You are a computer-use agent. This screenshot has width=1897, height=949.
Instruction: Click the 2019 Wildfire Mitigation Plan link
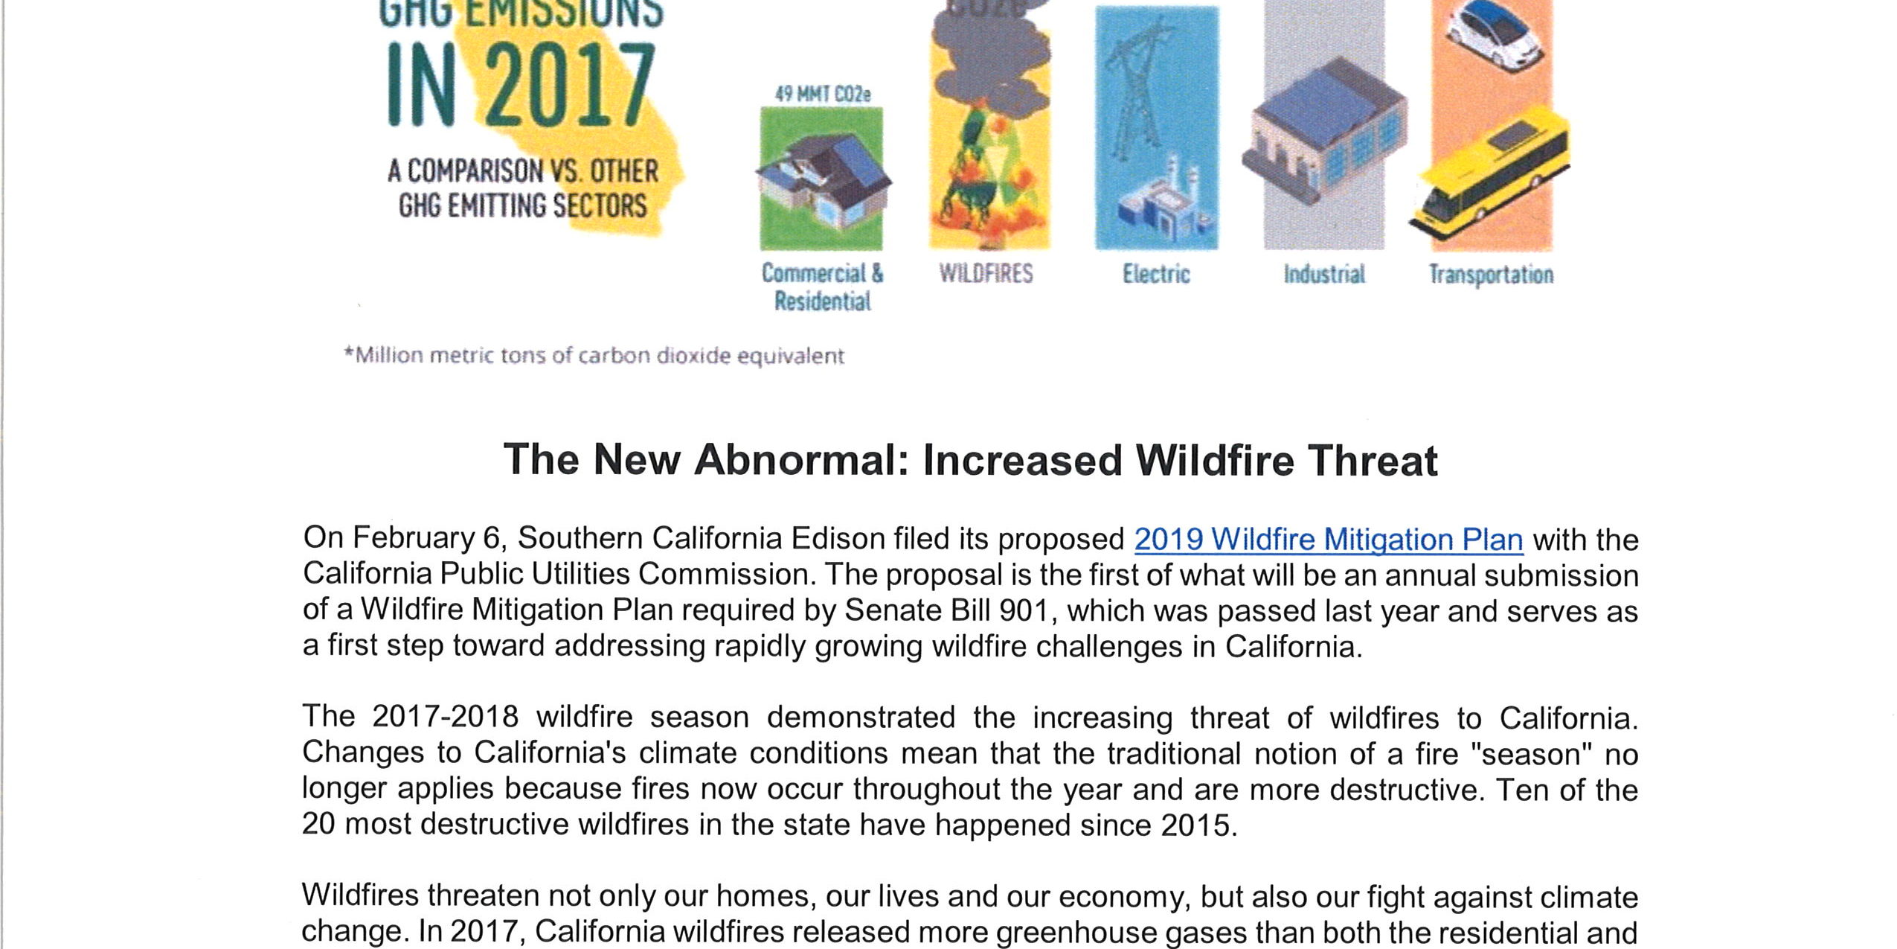pyautogui.click(x=1328, y=540)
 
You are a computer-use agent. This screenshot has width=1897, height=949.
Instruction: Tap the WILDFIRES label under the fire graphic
pyautogui.click(x=986, y=274)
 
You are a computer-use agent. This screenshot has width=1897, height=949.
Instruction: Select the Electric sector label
pyautogui.click(x=1156, y=275)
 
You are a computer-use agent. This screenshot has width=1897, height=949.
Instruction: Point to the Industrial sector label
pyautogui.click(x=1324, y=275)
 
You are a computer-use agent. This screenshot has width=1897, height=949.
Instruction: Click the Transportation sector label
pyautogui.click(x=1491, y=275)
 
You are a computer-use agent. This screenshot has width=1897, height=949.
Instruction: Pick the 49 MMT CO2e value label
pyautogui.click(x=822, y=95)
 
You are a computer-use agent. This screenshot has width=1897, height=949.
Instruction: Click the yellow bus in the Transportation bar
pyautogui.click(x=1492, y=175)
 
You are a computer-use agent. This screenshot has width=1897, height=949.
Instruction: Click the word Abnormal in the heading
pyautogui.click(x=797, y=460)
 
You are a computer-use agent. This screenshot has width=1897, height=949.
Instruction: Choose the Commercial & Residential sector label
pyautogui.click(x=822, y=287)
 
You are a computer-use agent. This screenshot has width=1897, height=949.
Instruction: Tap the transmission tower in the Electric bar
pyautogui.click(x=1138, y=89)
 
